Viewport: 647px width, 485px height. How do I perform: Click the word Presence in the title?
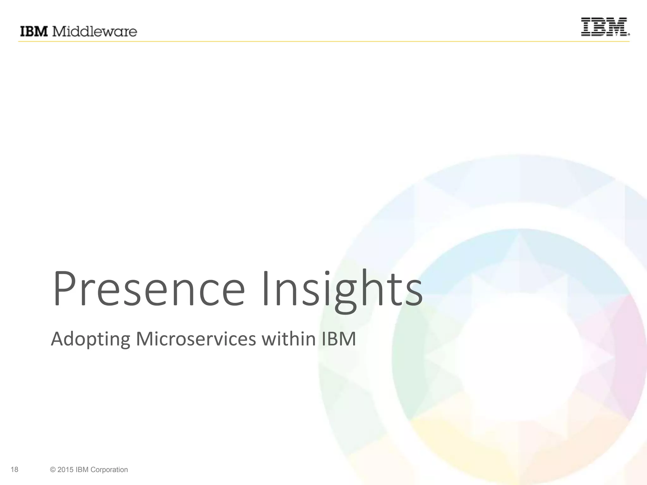(148, 289)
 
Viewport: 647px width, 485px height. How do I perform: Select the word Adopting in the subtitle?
(90, 339)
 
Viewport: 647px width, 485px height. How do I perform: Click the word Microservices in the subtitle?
(196, 338)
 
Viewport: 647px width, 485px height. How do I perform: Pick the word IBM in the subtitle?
(339, 338)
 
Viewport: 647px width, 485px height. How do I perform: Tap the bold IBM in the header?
(34, 32)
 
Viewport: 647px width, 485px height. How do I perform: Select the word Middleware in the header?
(94, 32)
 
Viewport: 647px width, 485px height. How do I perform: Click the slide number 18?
(15, 470)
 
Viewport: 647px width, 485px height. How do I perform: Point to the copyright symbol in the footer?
(53, 470)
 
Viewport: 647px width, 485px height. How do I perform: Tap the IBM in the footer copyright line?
(82, 470)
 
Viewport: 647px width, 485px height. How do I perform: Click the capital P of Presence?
(65, 289)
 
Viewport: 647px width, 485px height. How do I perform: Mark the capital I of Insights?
(265, 289)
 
